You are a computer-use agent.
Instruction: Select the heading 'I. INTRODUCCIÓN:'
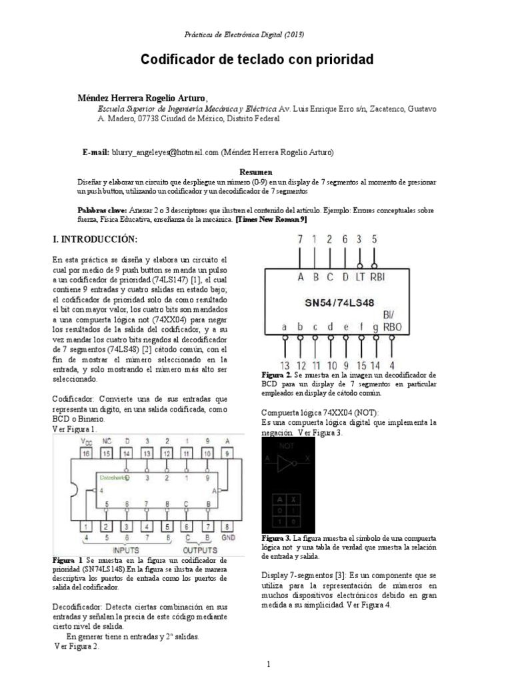coord(95,238)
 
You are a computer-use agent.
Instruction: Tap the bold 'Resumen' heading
coord(256,171)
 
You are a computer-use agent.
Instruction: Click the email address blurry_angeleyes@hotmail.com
coord(165,153)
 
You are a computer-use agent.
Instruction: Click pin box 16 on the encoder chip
coord(85,452)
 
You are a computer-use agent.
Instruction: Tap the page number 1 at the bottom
coord(268,664)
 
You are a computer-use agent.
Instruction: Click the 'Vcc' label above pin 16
coord(86,440)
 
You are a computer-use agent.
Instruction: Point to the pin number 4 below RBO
coord(391,365)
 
